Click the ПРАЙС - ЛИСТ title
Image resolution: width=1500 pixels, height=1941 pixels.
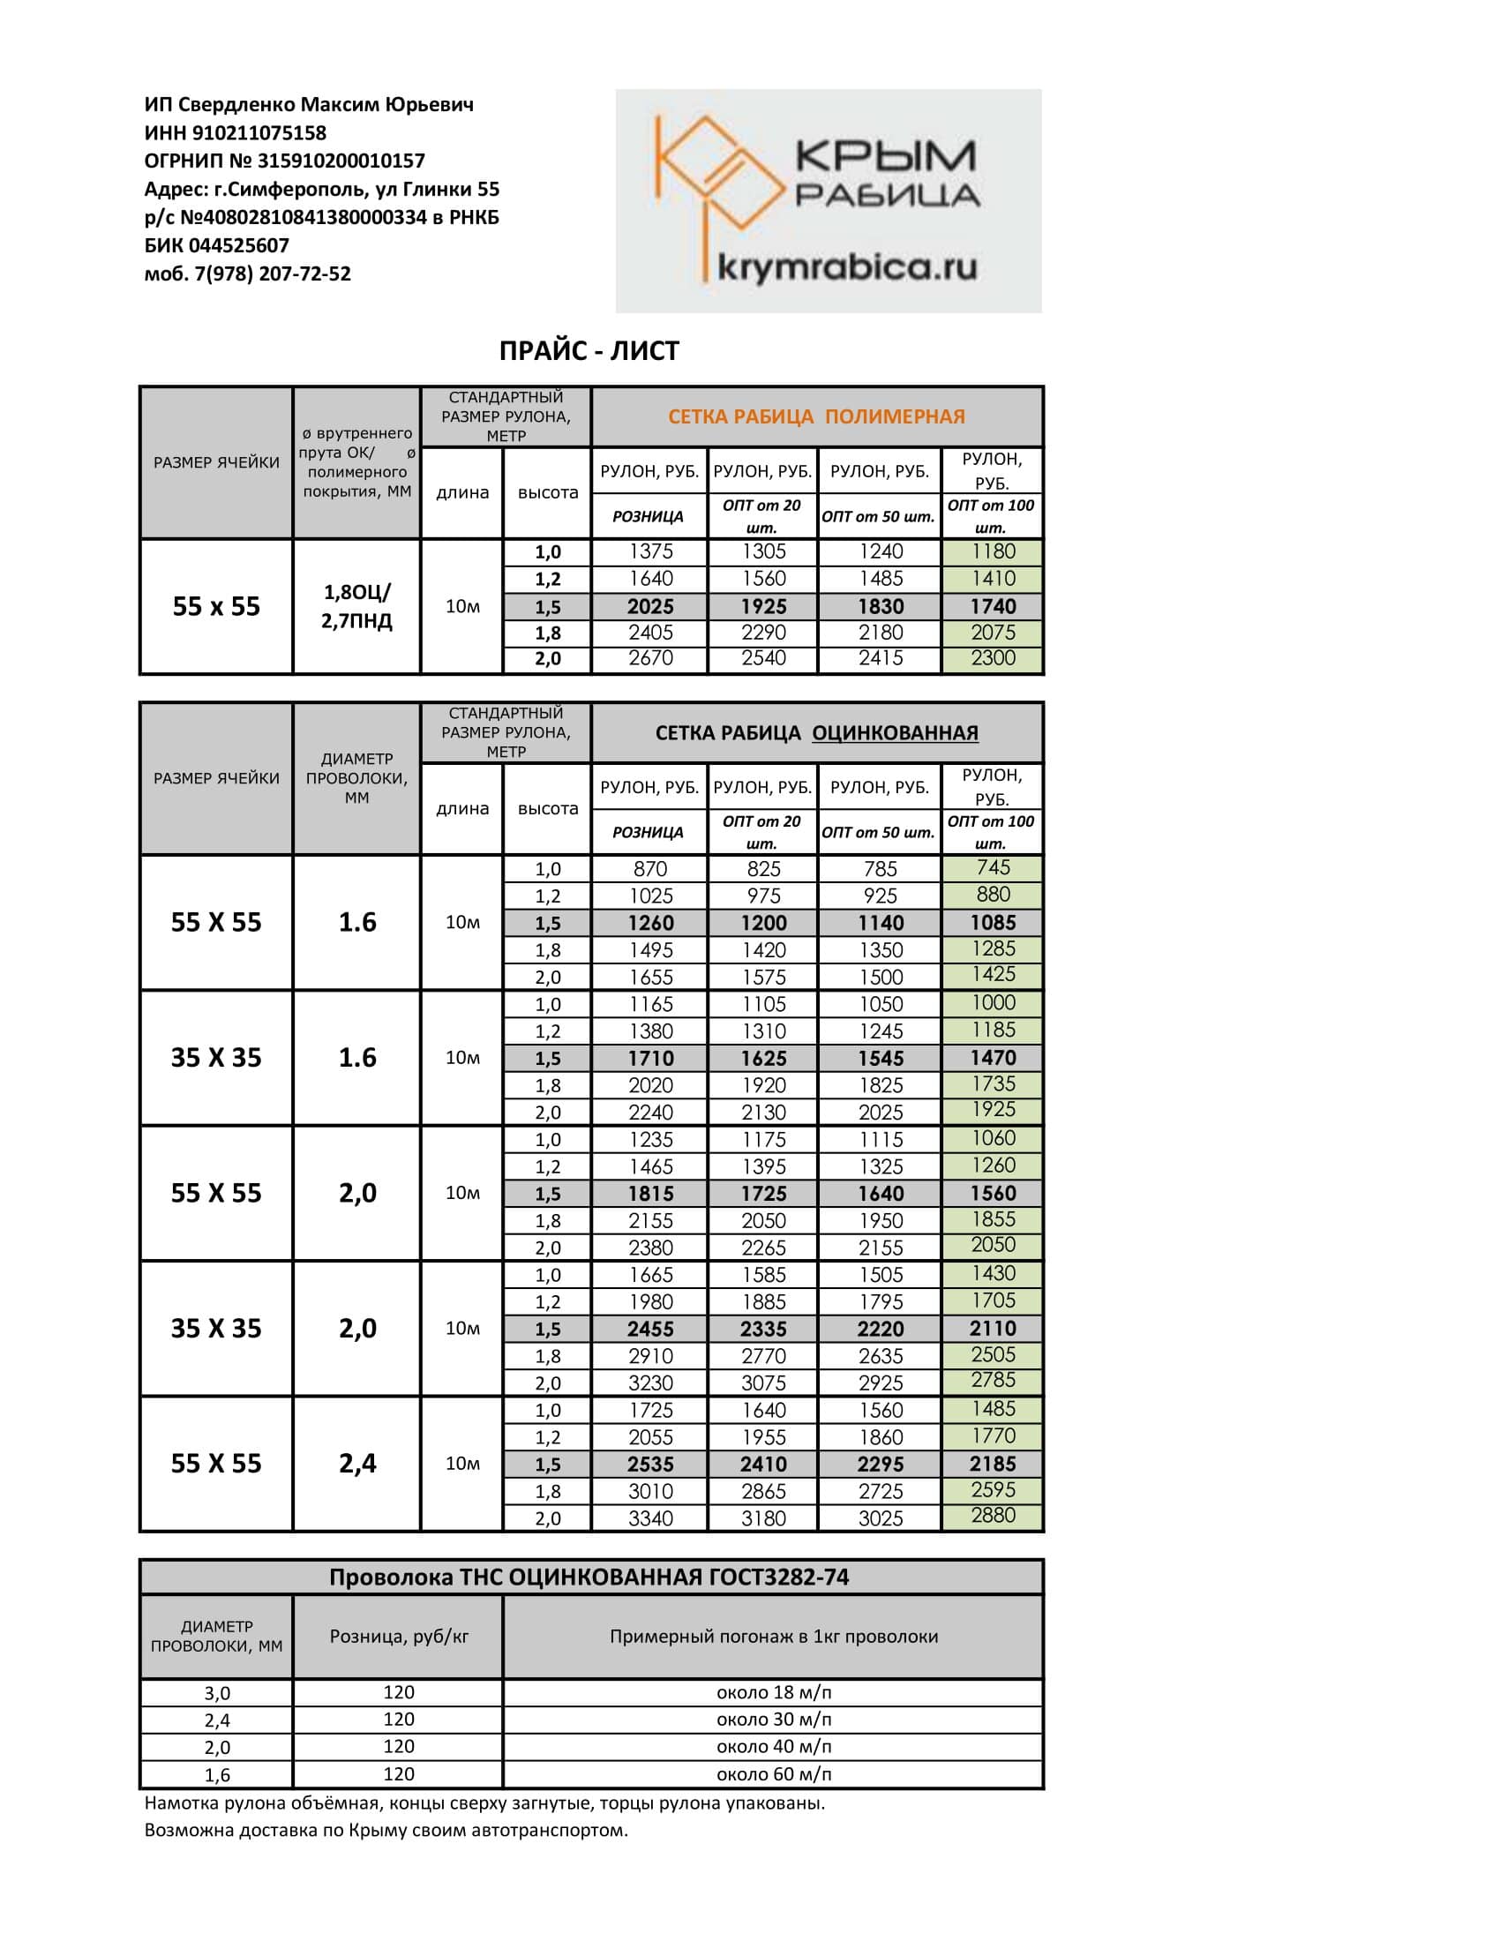tap(589, 351)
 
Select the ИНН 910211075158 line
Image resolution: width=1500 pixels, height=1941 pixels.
tap(236, 133)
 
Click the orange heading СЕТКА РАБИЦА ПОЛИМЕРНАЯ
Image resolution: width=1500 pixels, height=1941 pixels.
tap(816, 416)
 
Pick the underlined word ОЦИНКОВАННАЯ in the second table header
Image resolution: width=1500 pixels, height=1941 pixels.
tap(895, 733)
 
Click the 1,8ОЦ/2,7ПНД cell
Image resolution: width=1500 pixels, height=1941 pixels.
tap(356, 606)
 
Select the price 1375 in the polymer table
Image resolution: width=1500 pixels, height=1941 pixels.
tap(650, 552)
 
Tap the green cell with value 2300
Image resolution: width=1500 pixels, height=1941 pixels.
tap(993, 658)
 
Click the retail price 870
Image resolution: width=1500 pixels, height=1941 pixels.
tap(650, 869)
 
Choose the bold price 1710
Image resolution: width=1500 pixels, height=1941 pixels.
tap(650, 1059)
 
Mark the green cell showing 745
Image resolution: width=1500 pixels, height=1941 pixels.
tap(993, 867)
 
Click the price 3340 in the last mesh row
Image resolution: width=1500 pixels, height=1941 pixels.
tap(650, 1518)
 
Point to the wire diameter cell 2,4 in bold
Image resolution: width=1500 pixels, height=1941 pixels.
tap(357, 1464)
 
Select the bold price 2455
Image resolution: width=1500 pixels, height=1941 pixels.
tap(650, 1329)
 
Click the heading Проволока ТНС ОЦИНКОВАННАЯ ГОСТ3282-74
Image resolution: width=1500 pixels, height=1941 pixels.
tap(589, 1578)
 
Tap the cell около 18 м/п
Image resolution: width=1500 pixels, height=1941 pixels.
tap(773, 1692)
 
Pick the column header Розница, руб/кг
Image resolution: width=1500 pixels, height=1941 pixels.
tap(398, 1636)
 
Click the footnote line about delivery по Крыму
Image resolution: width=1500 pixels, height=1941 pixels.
tap(386, 1830)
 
